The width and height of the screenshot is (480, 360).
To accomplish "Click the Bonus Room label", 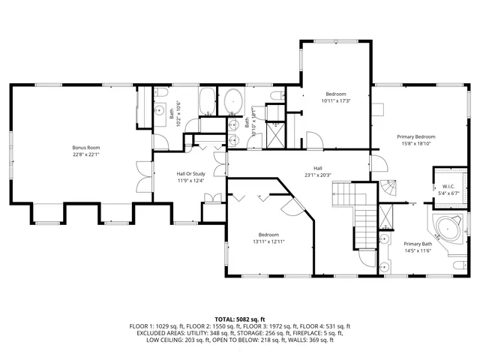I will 86,148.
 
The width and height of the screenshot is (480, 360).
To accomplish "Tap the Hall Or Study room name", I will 190,173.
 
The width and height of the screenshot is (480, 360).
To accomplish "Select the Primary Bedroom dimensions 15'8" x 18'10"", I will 416,145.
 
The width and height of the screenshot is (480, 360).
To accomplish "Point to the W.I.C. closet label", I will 448,187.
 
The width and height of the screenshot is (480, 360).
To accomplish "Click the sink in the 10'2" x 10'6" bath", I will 160,111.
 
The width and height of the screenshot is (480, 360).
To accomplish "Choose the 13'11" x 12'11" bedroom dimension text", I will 268,241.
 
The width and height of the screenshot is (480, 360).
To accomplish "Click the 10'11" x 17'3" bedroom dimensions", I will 336,100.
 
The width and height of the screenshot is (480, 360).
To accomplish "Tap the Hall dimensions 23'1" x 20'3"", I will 318,175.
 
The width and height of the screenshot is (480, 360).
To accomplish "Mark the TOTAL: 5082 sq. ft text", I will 239,319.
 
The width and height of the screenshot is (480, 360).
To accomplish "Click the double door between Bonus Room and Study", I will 143,174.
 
